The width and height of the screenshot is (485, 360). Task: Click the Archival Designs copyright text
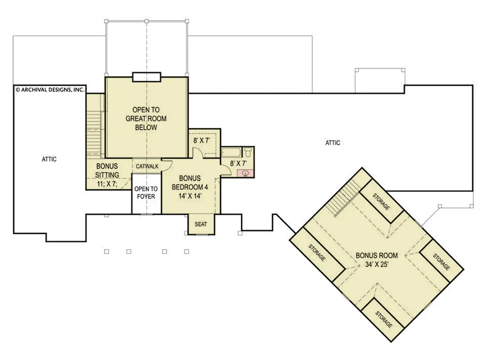click(50, 90)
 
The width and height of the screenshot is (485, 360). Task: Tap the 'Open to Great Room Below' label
click(146, 119)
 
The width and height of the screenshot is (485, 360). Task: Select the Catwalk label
click(147, 166)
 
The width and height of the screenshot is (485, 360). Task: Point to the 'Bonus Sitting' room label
click(107, 170)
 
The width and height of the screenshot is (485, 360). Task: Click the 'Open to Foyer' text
click(146, 193)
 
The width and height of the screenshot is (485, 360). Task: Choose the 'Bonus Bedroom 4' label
click(190, 183)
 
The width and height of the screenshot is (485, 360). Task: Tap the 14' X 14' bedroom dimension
click(190, 196)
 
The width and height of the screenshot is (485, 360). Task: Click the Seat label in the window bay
click(201, 224)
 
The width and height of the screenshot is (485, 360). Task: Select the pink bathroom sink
click(245, 173)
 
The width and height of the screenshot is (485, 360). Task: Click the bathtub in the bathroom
click(231, 152)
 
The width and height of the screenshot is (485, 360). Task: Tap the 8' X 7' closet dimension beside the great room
click(202, 140)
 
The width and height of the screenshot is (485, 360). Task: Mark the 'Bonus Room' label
click(377, 255)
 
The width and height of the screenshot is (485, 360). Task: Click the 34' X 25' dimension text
click(377, 265)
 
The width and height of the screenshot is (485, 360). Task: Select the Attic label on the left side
click(49, 159)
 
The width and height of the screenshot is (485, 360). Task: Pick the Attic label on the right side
click(333, 143)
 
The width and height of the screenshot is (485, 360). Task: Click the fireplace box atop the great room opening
click(146, 77)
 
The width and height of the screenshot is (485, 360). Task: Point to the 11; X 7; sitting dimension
click(107, 184)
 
